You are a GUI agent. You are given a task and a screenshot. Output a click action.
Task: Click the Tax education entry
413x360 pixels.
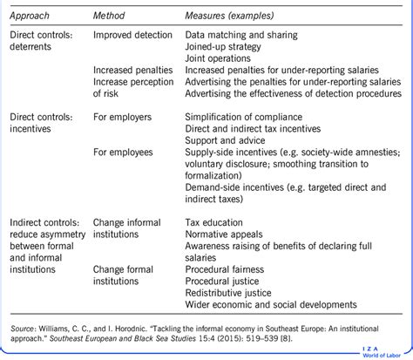tap(214, 221)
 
